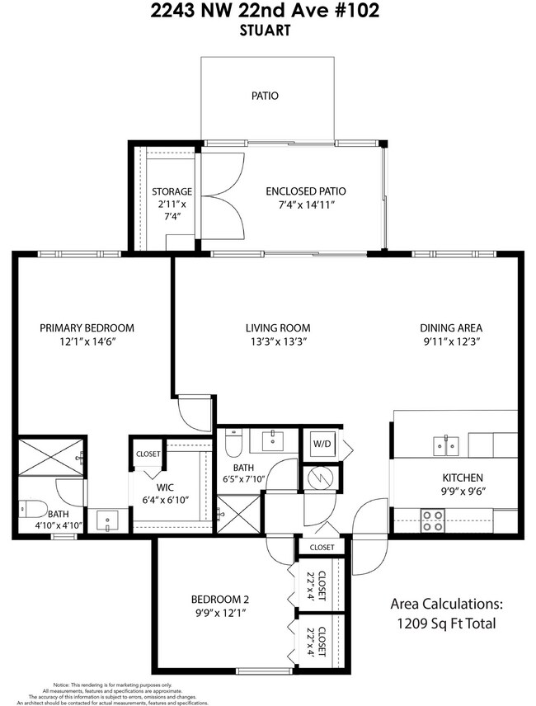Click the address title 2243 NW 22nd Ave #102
pyautogui.click(x=267, y=12)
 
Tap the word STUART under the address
pyautogui.click(x=267, y=31)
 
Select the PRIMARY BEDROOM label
pyautogui.click(x=87, y=327)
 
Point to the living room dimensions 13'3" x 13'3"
pyautogui.click(x=277, y=342)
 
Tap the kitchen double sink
pyautogui.click(x=445, y=446)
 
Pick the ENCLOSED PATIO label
pyautogui.click(x=305, y=191)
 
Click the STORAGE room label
pyautogui.click(x=172, y=191)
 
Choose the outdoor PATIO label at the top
pyautogui.click(x=265, y=96)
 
